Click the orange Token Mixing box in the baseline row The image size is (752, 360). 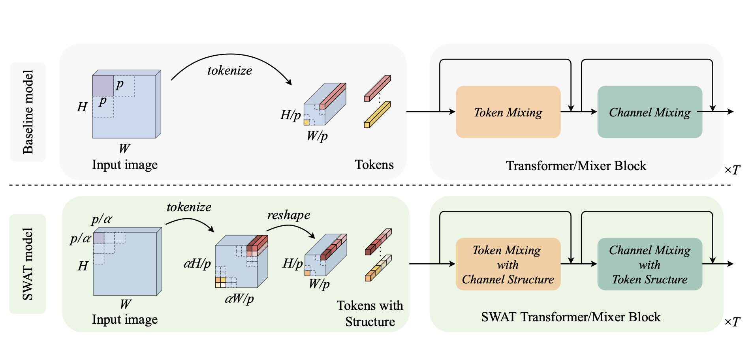[x=508, y=112]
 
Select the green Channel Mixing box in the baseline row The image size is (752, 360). [x=650, y=112]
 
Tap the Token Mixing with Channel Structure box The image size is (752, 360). [x=508, y=264]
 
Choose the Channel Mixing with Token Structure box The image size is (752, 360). [x=650, y=264]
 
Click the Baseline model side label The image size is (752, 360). [x=28, y=112]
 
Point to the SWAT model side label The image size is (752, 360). [x=28, y=264]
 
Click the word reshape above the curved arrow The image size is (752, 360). [x=289, y=215]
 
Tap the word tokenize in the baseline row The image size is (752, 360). [x=229, y=71]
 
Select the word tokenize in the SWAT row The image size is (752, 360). [x=189, y=207]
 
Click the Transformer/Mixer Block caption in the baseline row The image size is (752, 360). [x=576, y=166]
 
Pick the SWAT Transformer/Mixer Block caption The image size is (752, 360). [x=571, y=317]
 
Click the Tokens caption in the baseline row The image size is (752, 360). [x=374, y=165]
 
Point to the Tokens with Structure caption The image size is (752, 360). [x=370, y=313]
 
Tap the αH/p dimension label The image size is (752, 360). [x=197, y=263]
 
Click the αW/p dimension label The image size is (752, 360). [x=239, y=298]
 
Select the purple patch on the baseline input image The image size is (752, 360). [x=103, y=86]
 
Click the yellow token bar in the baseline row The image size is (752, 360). [x=377, y=115]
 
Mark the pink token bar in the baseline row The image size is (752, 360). [x=377, y=88]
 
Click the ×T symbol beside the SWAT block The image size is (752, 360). [x=732, y=322]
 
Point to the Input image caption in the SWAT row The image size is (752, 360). [x=125, y=319]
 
